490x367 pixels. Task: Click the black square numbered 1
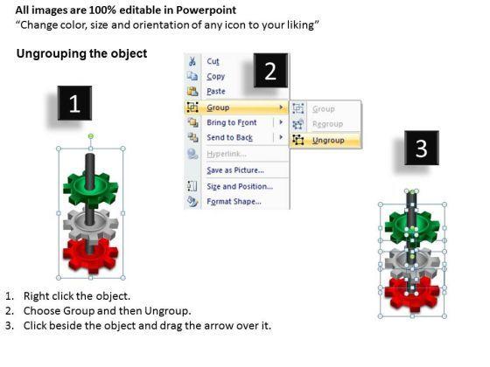(74, 103)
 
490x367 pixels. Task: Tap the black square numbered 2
(270, 70)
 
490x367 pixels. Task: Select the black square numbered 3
(422, 148)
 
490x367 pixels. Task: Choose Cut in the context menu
(213, 61)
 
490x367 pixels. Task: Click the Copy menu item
(215, 77)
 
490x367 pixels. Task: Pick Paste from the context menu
(216, 91)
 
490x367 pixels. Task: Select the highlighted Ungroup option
(328, 141)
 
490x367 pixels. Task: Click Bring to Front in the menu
(232, 122)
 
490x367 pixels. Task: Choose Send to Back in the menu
(229, 137)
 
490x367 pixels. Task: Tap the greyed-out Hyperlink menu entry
(227, 154)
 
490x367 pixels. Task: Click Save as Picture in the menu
(235, 170)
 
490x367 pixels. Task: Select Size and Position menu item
(240, 186)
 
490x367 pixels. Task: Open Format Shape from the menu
(234, 201)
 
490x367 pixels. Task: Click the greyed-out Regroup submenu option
(327, 124)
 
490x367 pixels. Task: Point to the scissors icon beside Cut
(192, 61)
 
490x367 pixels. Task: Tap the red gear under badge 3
(412, 294)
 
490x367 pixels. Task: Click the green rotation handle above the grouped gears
(91, 136)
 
